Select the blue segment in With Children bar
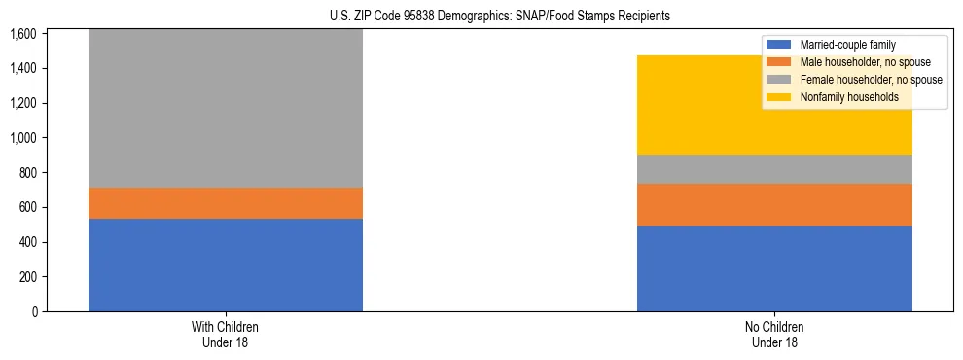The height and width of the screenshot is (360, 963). [226, 265]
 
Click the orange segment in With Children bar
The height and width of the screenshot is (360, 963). [226, 203]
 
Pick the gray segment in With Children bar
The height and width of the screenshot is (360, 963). [226, 108]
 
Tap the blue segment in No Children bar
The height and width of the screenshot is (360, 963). [774, 269]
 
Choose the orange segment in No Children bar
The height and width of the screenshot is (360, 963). [774, 205]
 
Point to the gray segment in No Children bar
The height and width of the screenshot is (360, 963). [774, 169]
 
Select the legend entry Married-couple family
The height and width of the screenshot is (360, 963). [847, 45]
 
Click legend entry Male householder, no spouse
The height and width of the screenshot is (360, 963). [860, 62]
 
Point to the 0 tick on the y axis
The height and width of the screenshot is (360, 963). [33, 312]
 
